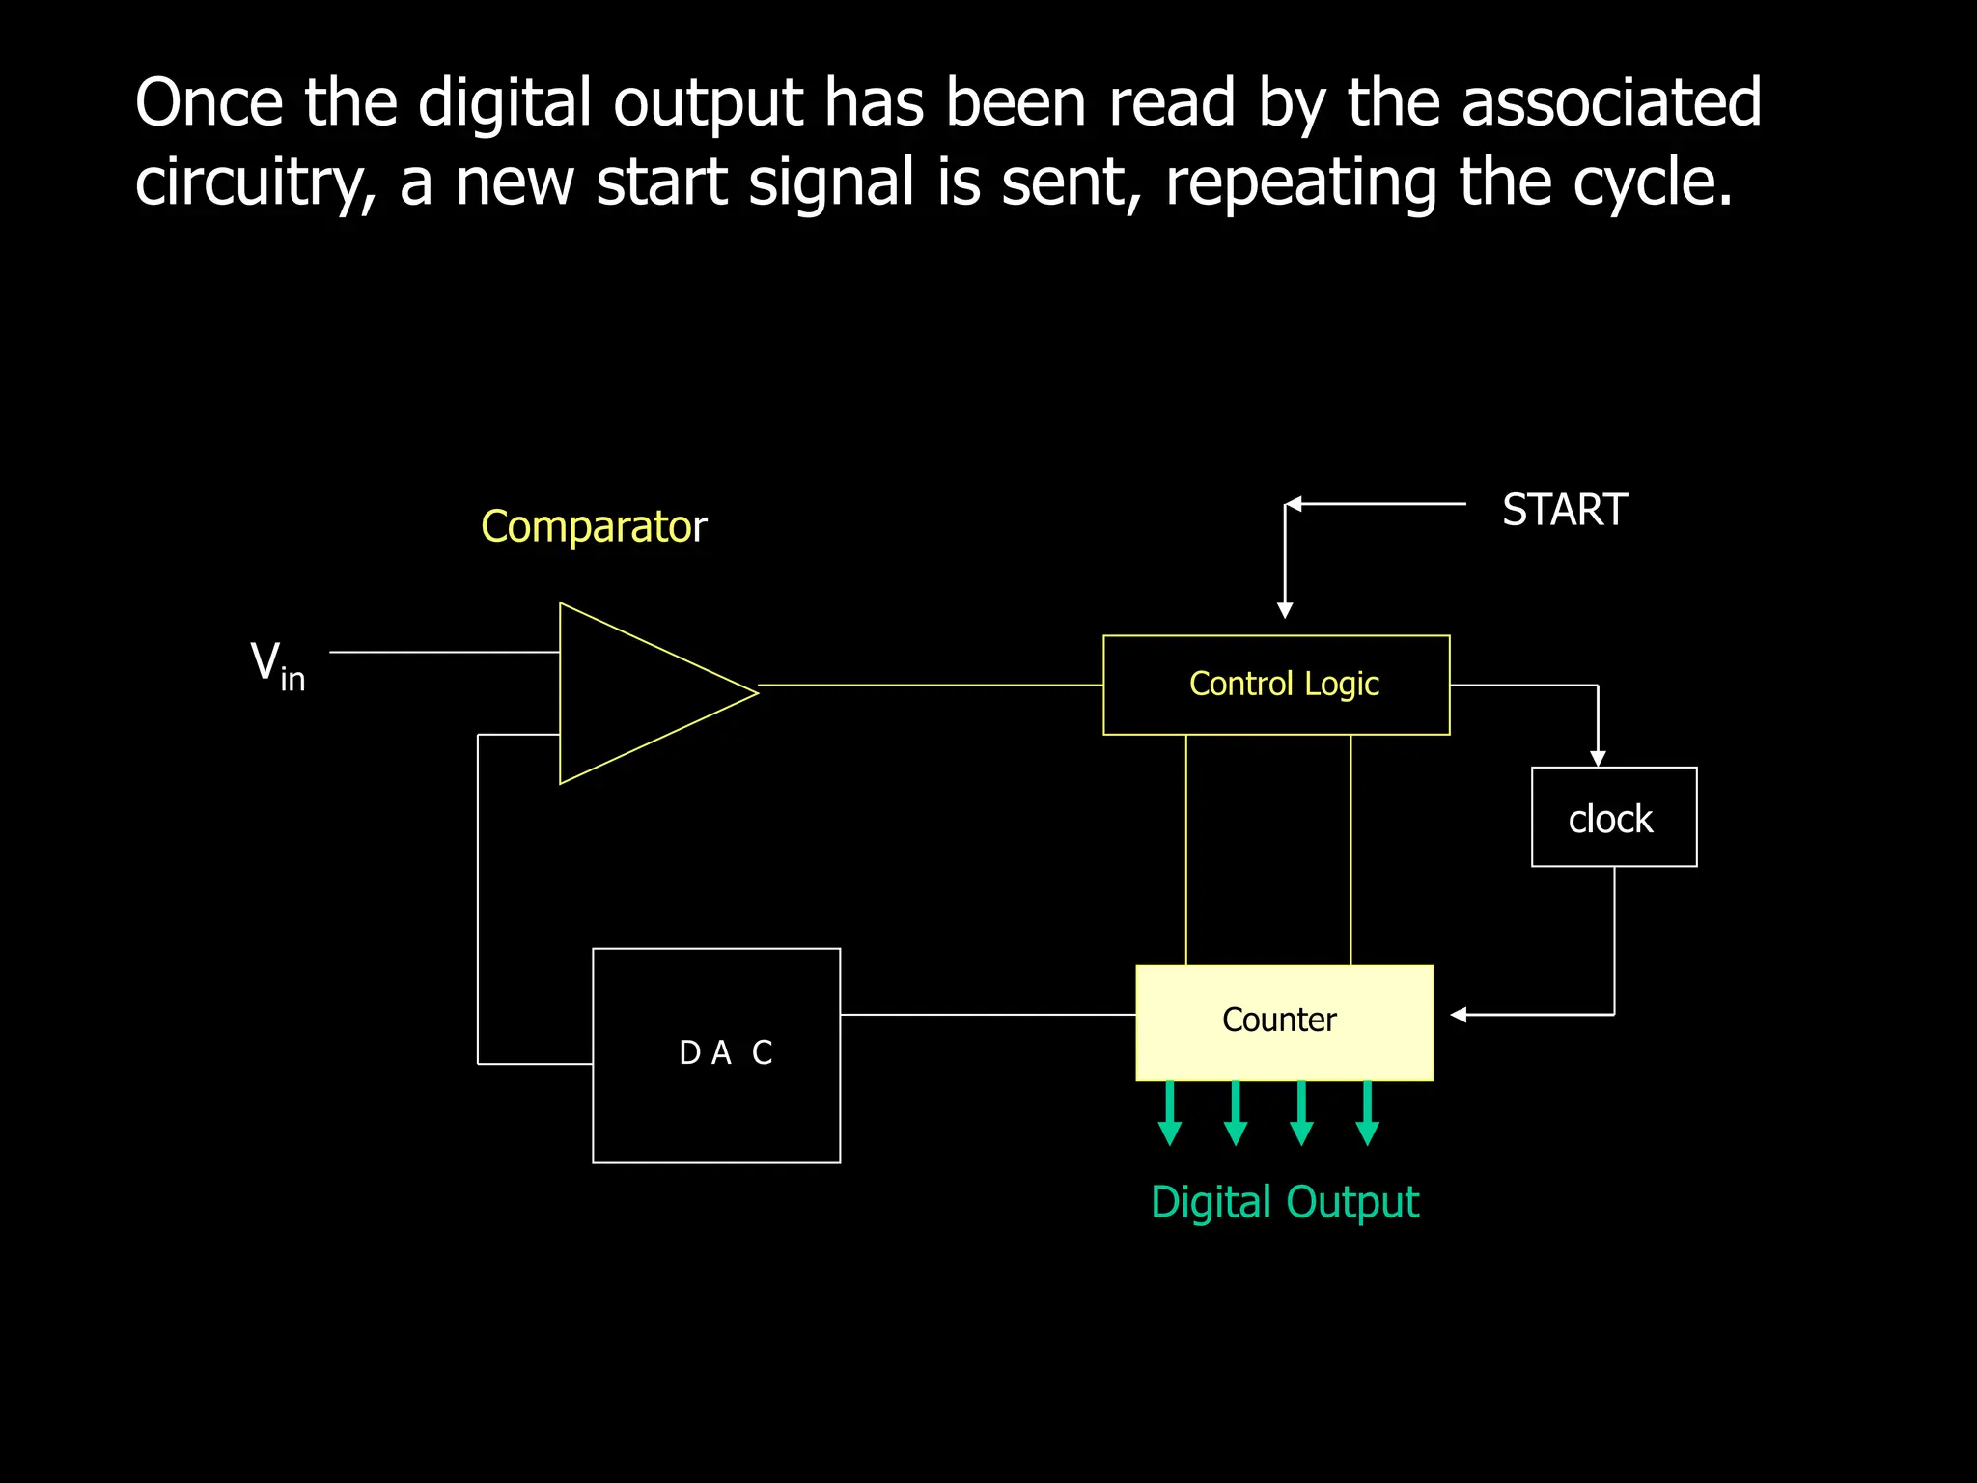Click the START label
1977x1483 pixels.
[1564, 510]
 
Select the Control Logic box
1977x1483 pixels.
[1276, 685]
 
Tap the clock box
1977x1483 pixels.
[1613, 818]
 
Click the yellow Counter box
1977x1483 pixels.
[1284, 1021]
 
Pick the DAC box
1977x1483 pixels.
[716, 1054]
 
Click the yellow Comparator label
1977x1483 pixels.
[594, 526]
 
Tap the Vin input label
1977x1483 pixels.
[277, 665]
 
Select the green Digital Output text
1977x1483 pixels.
[1284, 1203]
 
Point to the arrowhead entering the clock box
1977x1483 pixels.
[1598, 759]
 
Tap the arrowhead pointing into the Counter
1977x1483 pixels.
[1459, 1015]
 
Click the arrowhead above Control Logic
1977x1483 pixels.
[1285, 610]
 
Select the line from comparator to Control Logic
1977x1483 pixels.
[931, 685]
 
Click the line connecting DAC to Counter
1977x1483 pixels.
[987, 1015]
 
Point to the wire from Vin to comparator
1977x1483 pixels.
[444, 653]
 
